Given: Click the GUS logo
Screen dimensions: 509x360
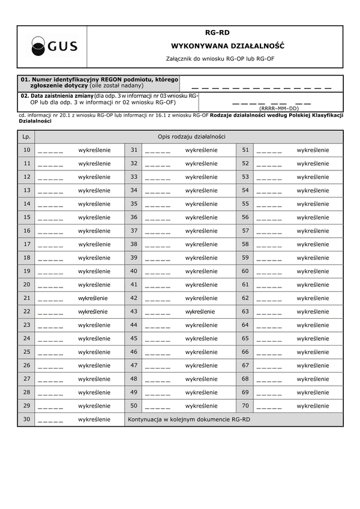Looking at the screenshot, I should [x=54, y=46].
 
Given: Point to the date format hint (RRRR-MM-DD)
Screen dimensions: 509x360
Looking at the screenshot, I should [x=278, y=109].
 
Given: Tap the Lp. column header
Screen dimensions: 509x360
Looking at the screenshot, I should [x=26, y=137].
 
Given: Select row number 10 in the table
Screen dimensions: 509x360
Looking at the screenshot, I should [x=26, y=150].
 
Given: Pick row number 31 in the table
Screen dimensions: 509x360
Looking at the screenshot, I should [x=134, y=150].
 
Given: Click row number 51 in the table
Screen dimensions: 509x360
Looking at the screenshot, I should [x=245, y=150].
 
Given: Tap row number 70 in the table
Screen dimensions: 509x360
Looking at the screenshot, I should [x=245, y=406].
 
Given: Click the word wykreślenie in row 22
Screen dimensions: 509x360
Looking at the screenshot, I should [x=93, y=312].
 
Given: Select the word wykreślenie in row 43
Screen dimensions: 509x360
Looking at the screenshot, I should [x=200, y=312].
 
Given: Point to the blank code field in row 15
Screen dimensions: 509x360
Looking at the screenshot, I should [x=50, y=218].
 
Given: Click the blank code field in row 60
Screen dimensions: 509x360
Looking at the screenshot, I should [x=269, y=271].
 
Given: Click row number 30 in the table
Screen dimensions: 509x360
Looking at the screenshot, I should [x=26, y=420].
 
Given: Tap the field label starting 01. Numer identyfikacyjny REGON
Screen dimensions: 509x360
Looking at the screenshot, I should [x=99, y=82].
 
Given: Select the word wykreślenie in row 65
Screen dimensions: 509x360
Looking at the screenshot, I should [x=313, y=339].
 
